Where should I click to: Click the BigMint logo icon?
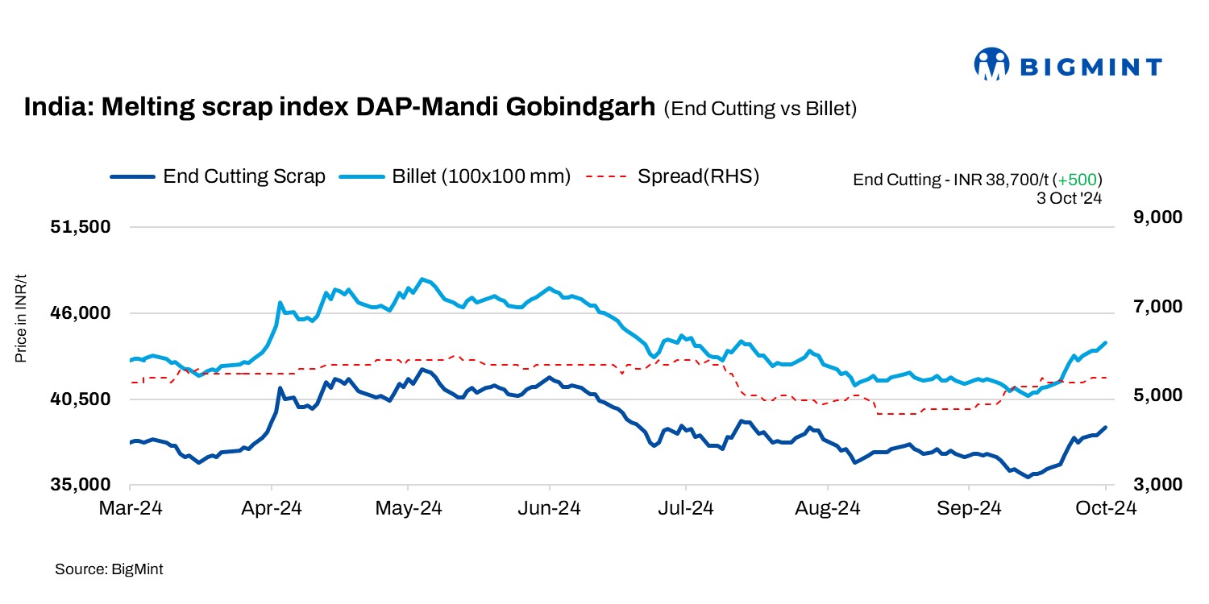[992, 64]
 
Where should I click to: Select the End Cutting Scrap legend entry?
[217, 176]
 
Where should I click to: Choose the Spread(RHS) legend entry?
[673, 176]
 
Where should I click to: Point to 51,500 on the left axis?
[81, 227]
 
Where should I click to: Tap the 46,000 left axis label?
[81, 313]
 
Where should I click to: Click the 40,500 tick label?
[81, 399]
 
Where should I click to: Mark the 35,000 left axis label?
[81, 486]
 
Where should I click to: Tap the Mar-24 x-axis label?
[130, 509]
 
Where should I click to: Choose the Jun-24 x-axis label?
[550, 509]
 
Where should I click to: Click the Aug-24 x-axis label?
[828, 509]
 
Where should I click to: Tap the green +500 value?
[1080, 180]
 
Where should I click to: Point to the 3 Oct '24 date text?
[1070, 197]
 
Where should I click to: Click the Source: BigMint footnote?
[109, 569]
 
